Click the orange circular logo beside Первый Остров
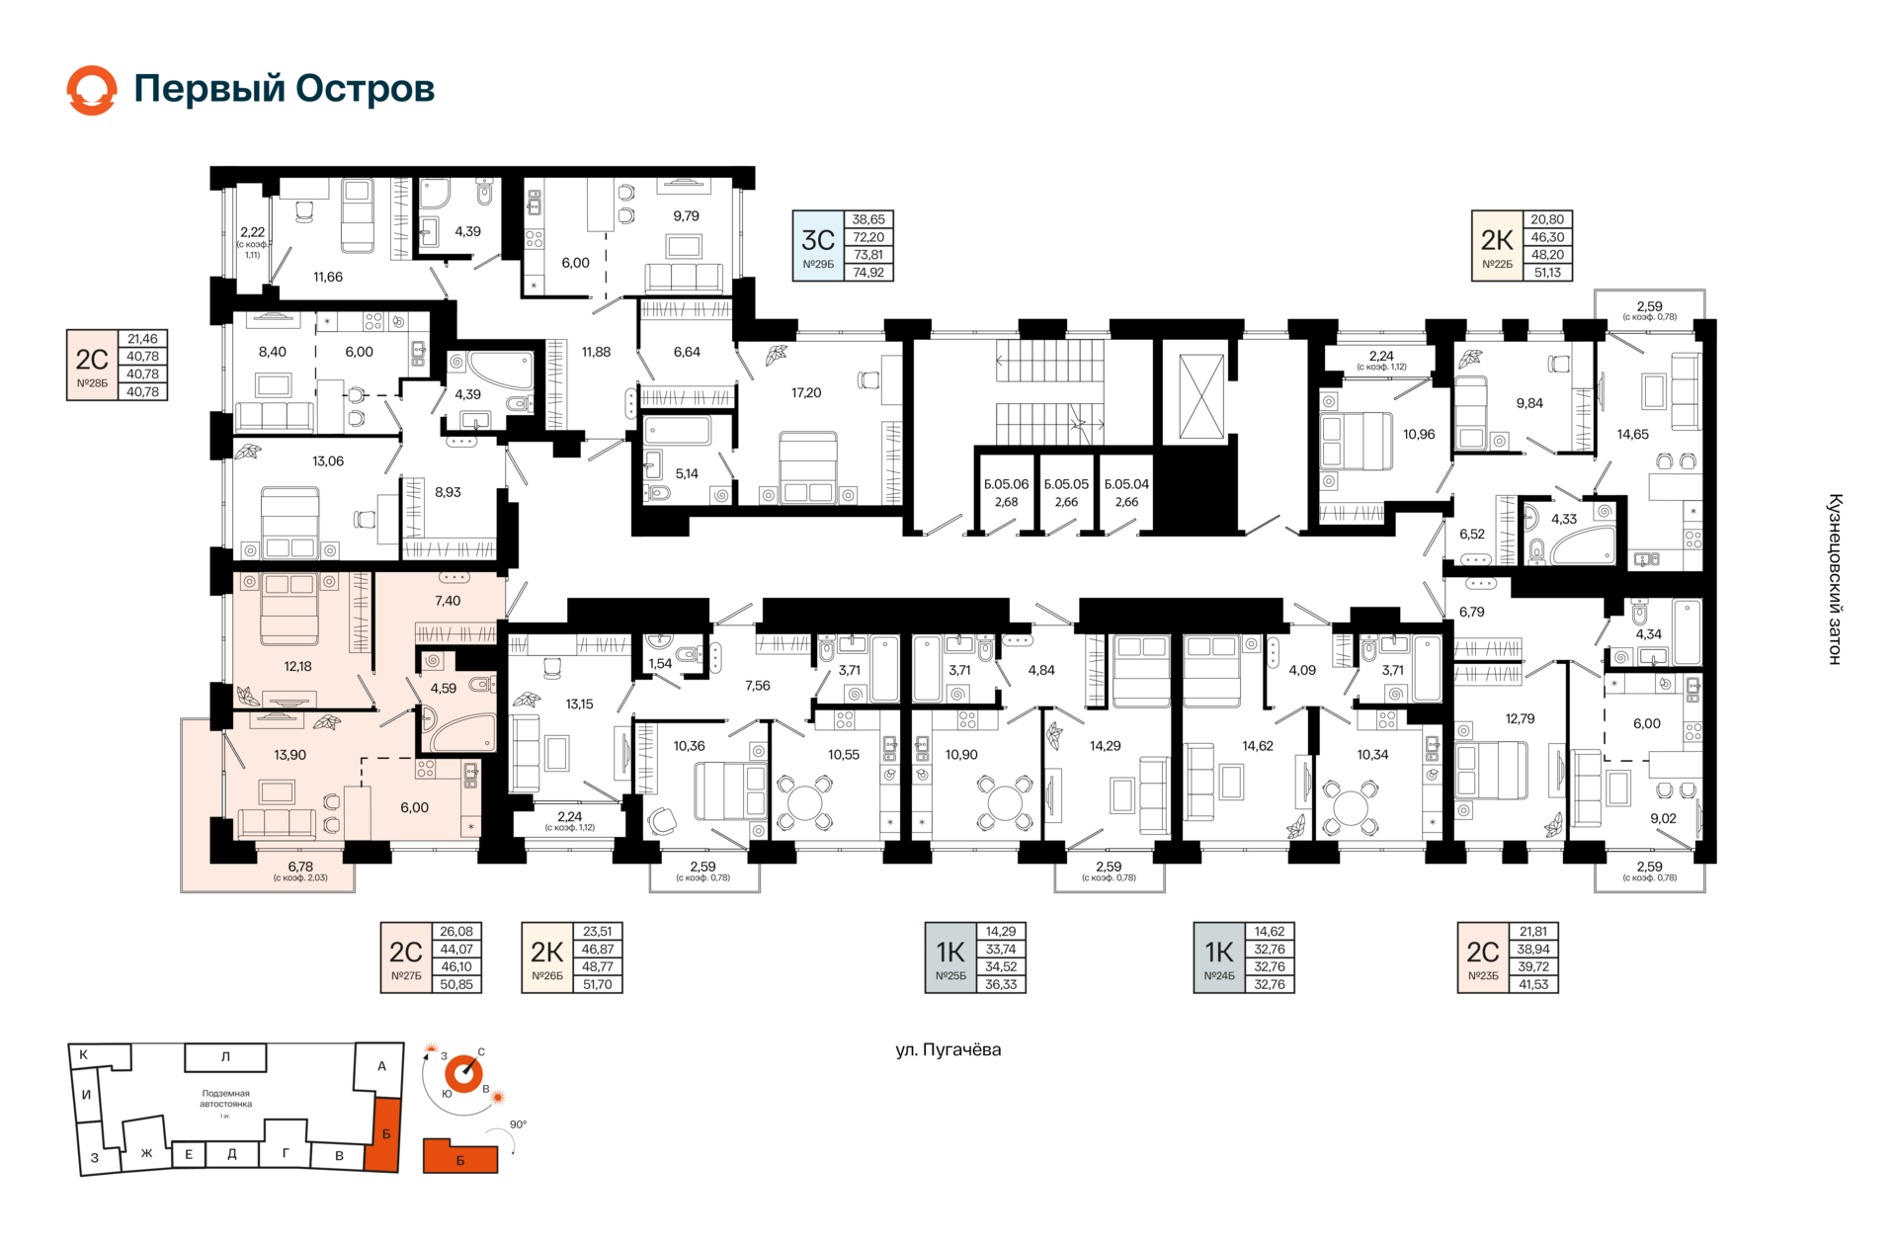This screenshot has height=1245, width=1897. tap(92, 90)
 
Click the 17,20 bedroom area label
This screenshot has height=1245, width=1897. tap(806, 393)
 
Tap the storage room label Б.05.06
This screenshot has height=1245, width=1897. tap(1006, 485)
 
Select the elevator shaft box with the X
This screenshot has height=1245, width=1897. tap(1200, 397)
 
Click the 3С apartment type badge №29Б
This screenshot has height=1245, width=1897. tap(818, 246)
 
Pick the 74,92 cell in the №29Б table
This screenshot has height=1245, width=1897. tap(868, 273)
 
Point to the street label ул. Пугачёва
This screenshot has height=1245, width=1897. tap(948, 1050)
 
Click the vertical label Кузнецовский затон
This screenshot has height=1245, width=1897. tap(1835, 579)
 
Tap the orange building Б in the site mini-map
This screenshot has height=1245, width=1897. tap(385, 1134)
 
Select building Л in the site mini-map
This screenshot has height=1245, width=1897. tap(225, 1057)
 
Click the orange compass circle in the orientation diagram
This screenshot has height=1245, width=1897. tap(463, 1074)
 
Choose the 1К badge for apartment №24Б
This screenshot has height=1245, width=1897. tap(1219, 957)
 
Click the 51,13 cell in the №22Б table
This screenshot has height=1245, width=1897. tap(1547, 273)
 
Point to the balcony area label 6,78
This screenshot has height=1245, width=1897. tap(300, 867)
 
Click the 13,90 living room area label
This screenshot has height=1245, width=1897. tap(289, 755)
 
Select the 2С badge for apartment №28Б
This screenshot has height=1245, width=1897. tap(92, 365)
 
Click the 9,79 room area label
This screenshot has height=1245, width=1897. tap(686, 216)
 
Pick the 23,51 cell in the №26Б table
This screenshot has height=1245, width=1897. tap(598, 932)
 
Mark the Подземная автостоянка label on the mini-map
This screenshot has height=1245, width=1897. tap(226, 1099)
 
